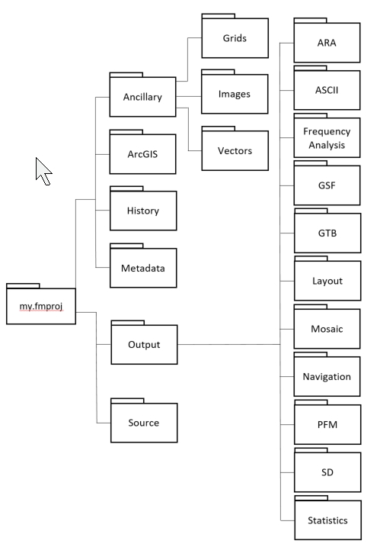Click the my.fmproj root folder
(x=41, y=304)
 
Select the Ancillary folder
(x=142, y=95)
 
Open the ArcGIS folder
(x=142, y=152)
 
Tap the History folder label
(x=143, y=211)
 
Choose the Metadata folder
(x=143, y=266)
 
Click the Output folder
(x=144, y=343)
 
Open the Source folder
(x=144, y=420)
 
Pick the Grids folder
(x=235, y=36)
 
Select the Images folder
(x=235, y=92)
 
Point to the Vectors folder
(x=235, y=149)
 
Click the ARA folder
(x=327, y=40)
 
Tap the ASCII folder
(x=327, y=88)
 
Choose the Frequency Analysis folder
(x=327, y=136)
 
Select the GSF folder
(x=327, y=183)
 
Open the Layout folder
(x=327, y=278)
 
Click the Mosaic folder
(x=327, y=327)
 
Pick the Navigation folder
(x=327, y=375)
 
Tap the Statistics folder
(x=327, y=517)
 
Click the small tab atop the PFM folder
(x=311, y=402)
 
